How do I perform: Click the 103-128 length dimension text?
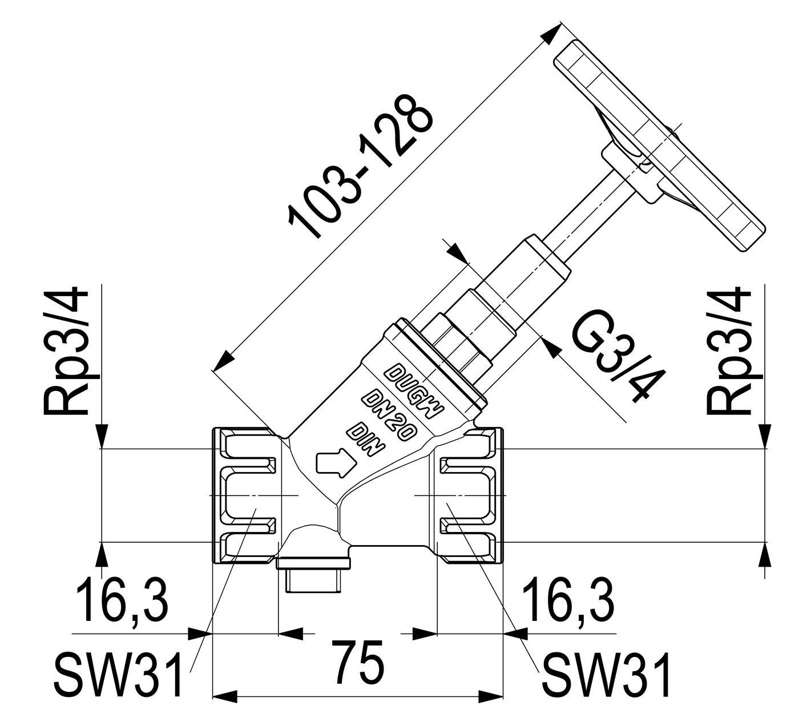361,167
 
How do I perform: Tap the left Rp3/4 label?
66,350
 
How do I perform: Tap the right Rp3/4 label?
728,350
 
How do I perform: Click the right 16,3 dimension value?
568,600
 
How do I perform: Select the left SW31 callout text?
119,674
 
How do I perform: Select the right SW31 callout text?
606,674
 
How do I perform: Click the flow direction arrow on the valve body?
336,463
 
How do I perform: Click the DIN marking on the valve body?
365,438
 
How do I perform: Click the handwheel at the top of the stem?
659,146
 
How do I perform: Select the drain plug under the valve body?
313,574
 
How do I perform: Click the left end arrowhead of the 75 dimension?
225,708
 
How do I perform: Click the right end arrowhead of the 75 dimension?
491,708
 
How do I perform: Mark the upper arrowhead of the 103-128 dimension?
552,33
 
